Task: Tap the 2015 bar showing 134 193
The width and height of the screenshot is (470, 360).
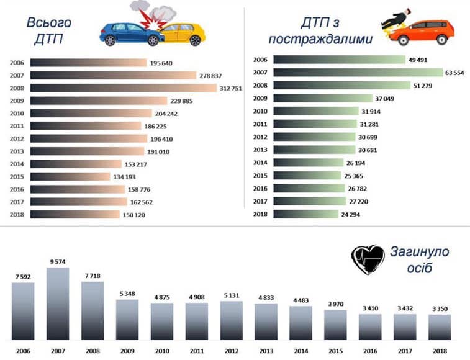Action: tap(72, 176)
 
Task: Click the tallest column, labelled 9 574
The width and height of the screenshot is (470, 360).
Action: tap(58, 305)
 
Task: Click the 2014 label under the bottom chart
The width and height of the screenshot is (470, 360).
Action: tap(301, 351)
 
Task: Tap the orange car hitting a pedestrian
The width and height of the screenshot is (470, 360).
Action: tap(425, 32)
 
